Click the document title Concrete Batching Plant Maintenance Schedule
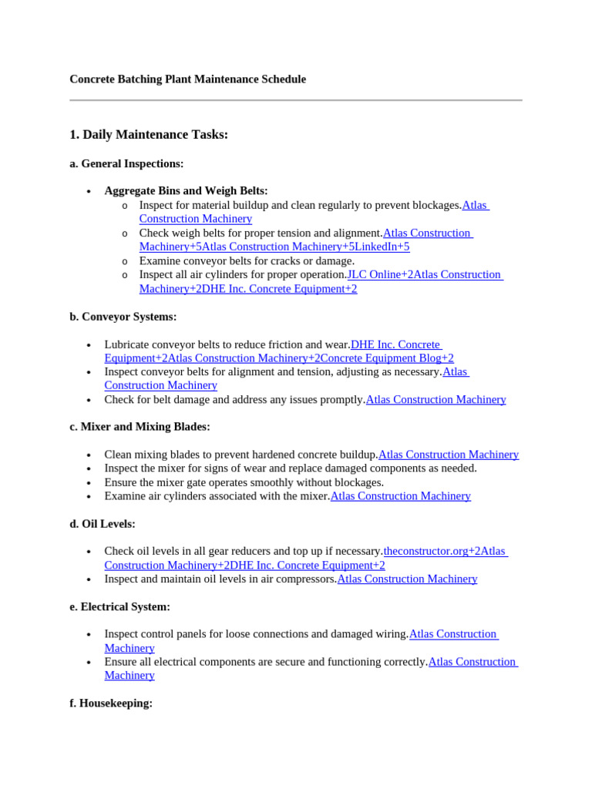point(187,79)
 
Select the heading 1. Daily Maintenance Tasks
point(149,135)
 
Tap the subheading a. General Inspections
point(126,163)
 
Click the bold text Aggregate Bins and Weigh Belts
point(186,190)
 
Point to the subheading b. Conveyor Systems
point(123,317)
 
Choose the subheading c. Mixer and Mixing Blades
point(140,427)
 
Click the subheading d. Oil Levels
point(102,524)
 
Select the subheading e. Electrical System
point(119,607)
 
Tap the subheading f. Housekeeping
point(110,703)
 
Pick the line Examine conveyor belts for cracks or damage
point(247,261)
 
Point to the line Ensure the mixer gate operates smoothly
point(244,482)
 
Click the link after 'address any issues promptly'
point(436,400)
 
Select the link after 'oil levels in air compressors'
point(407,579)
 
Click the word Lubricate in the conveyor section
point(127,344)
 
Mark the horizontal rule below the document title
point(296,100)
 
